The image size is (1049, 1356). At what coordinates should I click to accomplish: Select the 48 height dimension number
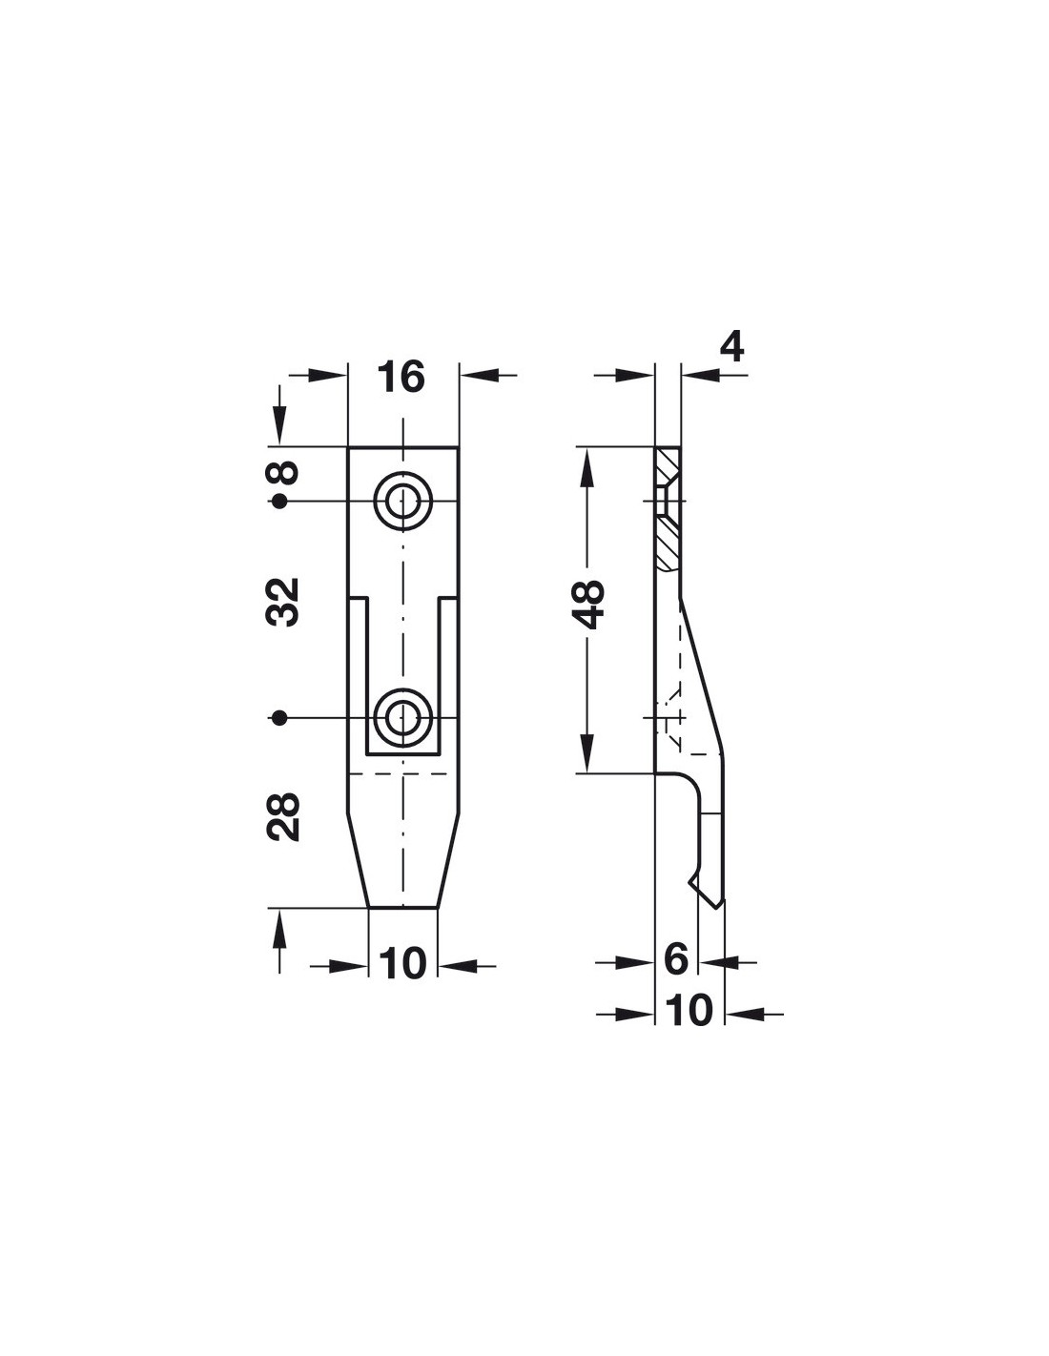pos(587,605)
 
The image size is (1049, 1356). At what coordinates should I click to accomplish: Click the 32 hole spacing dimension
pos(282,602)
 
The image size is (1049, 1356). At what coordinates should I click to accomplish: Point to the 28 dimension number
pos(282,817)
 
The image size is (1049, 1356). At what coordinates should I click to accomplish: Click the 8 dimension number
pos(282,472)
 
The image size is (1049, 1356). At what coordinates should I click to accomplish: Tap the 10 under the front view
pos(402,964)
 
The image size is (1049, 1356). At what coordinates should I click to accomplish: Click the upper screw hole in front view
pos(403,501)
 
